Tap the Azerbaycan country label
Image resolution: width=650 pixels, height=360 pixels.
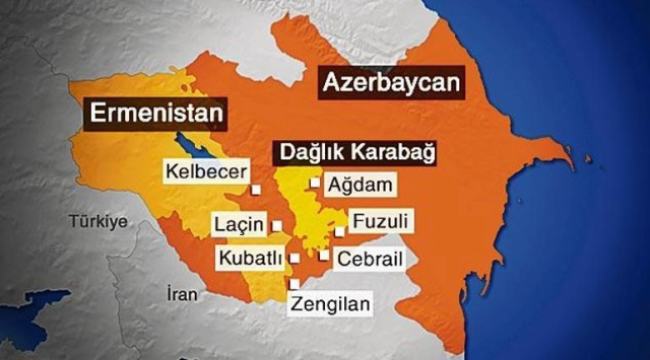[392, 83]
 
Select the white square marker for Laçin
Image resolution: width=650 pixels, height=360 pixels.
[276, 226]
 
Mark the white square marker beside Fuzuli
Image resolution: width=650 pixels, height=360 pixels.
[340, 231]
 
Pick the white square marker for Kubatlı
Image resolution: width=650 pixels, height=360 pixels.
[294, 258]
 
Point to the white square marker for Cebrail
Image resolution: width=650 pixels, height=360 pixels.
[323, 255]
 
